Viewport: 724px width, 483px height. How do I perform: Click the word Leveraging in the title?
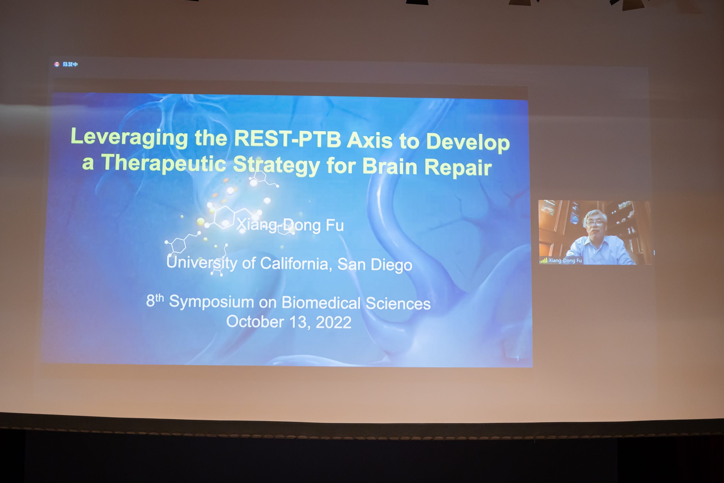coord(129,138)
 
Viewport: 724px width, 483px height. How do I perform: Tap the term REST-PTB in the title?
coord(288,139)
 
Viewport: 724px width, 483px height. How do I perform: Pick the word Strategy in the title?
coord(276,165)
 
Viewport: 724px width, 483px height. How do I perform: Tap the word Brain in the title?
coord(389,167)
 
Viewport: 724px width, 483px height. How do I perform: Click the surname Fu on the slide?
coord(335,226)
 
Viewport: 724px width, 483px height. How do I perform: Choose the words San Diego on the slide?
coord(375,265)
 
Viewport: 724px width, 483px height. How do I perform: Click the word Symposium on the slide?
coord(211,302)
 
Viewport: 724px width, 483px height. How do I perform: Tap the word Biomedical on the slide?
coord(321,303)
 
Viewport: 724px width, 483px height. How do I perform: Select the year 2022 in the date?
coord(333,323)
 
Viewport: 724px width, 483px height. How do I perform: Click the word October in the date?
coord(255,322)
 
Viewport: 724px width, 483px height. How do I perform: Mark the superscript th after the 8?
coord(160,298)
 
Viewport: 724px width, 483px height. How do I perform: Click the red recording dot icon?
coord(57,64)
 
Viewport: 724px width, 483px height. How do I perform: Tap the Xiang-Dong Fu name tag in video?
coord(565,261)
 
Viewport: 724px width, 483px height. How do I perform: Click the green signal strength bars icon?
coord(543,261)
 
